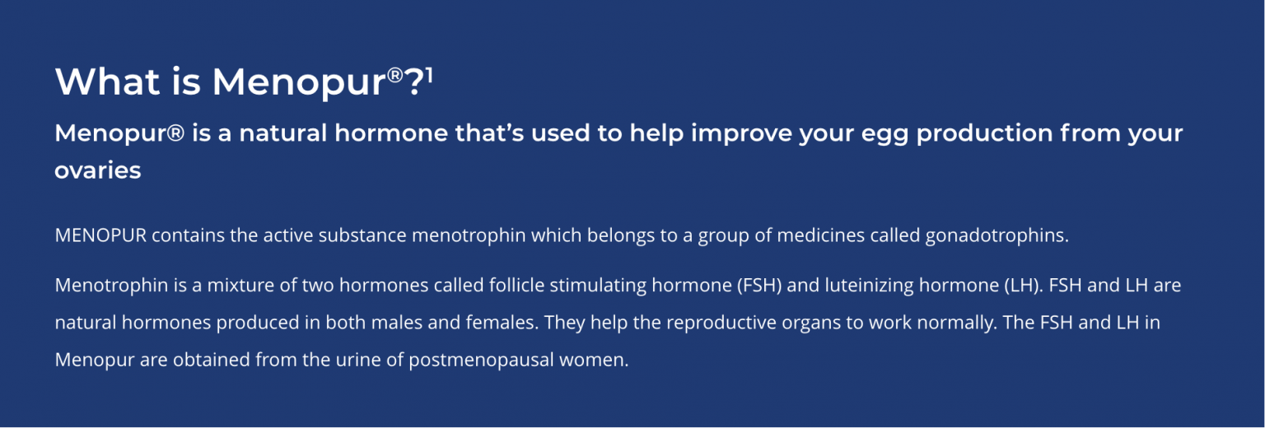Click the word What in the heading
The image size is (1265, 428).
coord(107,81)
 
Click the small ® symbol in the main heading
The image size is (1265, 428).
coord(395,75)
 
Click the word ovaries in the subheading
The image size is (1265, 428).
coord(98,170)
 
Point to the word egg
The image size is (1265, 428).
coord(885,135)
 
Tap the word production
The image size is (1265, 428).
coord(984,134)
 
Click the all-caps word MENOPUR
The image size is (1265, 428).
coord(100,235)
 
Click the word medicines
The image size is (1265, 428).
coord(820,235)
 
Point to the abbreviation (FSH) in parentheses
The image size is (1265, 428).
coord(759,285)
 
